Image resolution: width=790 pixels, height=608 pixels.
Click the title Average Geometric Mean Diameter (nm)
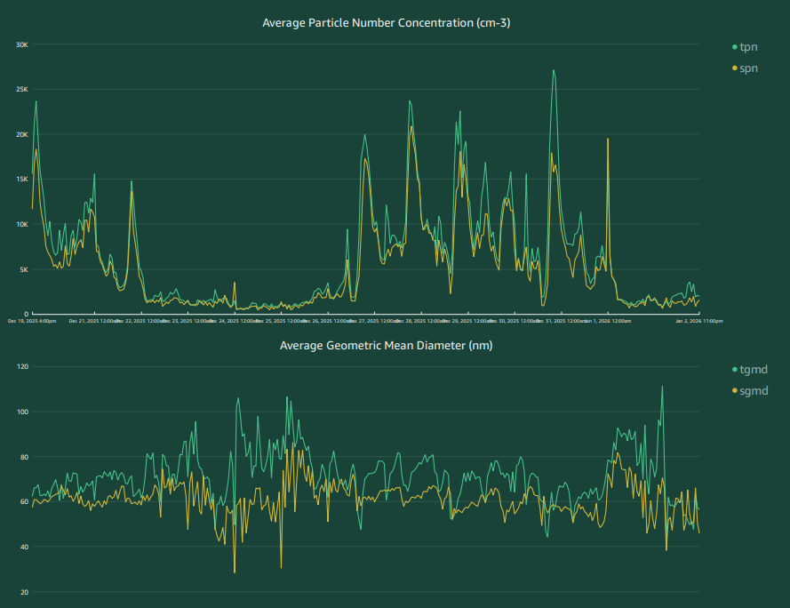click(386, 345)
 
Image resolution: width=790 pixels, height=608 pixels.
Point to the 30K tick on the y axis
click(22, 44)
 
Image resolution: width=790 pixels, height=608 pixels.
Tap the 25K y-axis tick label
click(22, 90)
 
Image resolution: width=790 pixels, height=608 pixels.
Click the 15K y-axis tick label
click(22, 180)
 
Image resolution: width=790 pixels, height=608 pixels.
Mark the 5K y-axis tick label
click(24, 269)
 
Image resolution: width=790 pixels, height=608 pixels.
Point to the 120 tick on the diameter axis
click(23, 367)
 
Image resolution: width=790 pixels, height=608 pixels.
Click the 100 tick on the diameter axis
click(23, 412)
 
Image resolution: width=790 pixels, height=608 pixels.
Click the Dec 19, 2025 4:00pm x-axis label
click(32, 321)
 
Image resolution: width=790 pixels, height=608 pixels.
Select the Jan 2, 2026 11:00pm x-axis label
click(699, 321)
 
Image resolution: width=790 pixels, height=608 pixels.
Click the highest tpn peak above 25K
click(553, 71)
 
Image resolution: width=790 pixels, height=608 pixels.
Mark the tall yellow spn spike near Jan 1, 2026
click(608, 140)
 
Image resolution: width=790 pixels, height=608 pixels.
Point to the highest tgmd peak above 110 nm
click(662, 387)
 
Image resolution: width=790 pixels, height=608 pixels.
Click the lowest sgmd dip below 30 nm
click(235, 572)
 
